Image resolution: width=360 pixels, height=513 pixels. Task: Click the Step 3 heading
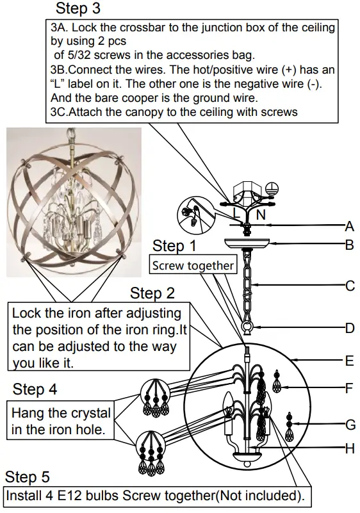click(x=78, y=9)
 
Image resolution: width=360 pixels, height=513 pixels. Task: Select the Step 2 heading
click(x=152, y=293)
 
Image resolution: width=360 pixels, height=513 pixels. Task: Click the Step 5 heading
click(x=27, y=478)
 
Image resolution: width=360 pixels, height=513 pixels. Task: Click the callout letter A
click(x=349, y=225)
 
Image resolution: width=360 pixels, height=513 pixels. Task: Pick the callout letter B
click(x=349, y=244)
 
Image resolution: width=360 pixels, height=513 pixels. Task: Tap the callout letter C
click(x=349, y=286)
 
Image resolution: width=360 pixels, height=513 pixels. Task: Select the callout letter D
click(x=349, y=328)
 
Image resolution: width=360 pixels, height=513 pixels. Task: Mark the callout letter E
click(x=349, y=361)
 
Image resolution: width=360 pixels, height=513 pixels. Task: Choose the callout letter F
click(x=349, y=387)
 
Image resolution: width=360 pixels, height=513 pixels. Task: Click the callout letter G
click(x=349, y=424)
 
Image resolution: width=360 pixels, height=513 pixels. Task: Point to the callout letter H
click(x=349, y=449)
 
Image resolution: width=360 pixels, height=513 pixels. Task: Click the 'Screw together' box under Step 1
click(x=193, y=265)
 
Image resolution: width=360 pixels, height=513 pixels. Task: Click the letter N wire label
click(x=261, y=215)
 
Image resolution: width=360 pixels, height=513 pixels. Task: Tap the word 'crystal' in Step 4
click(x=88, y=413)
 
